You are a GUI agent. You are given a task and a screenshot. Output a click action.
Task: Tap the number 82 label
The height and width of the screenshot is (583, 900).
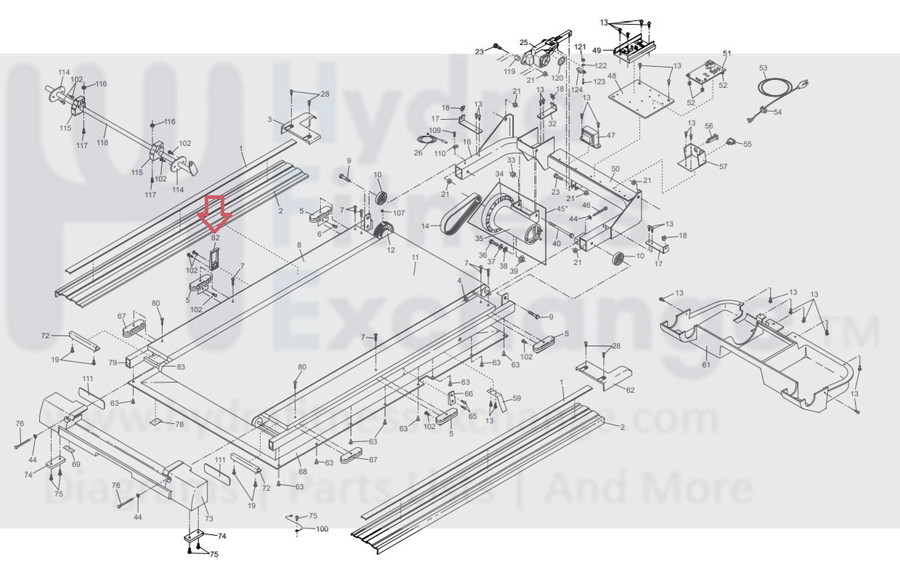tap(216, 237)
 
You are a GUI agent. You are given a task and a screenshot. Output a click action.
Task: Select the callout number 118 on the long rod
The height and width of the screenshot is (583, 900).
tap(102, 143)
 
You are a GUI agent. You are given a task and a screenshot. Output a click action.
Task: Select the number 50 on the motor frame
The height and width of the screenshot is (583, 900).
tap(615, 169)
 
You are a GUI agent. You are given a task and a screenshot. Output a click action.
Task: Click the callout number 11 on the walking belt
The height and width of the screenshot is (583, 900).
tap(415, 258)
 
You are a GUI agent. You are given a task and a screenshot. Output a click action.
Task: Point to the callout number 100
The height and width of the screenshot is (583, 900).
tap(322, 528)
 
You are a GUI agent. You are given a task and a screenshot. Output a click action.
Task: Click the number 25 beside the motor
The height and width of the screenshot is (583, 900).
tap(523, 43)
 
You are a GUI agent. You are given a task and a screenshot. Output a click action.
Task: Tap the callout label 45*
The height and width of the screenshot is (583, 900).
tap(562, 209)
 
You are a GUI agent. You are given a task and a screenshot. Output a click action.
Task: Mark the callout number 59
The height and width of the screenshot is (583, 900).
tap(516, 398)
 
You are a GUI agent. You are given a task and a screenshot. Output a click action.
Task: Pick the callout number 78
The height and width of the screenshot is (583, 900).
tap(179, 424)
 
